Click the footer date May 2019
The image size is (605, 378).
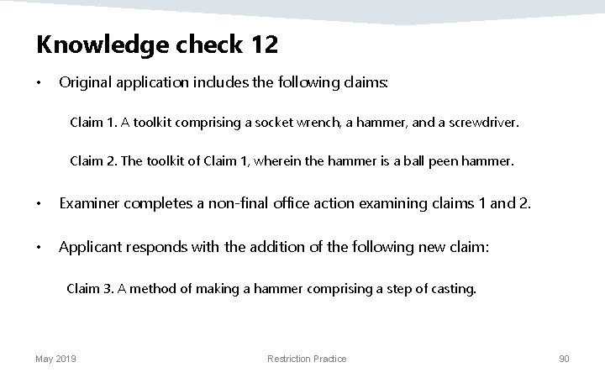coord(55,359)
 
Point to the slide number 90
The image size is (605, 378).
coord(565,359)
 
